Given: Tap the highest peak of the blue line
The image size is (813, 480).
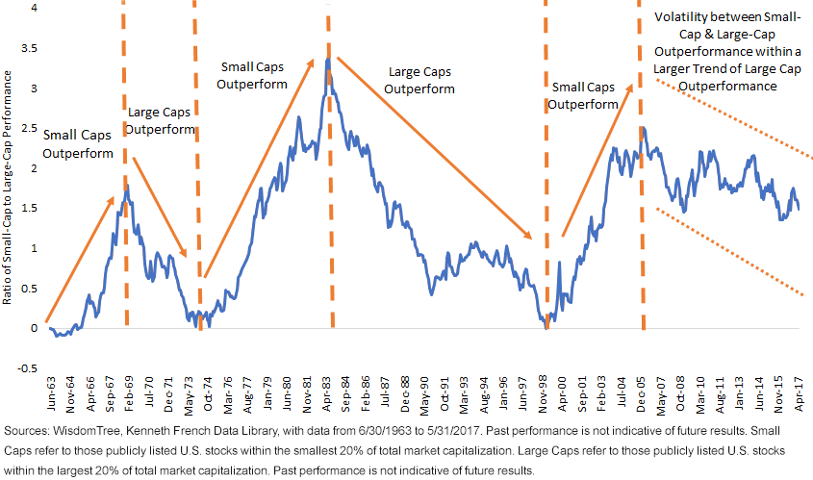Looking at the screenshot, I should click(328, 60).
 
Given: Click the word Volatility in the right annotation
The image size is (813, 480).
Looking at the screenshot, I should click(681, 17).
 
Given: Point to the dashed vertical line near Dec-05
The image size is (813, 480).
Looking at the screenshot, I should click(639, 192).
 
